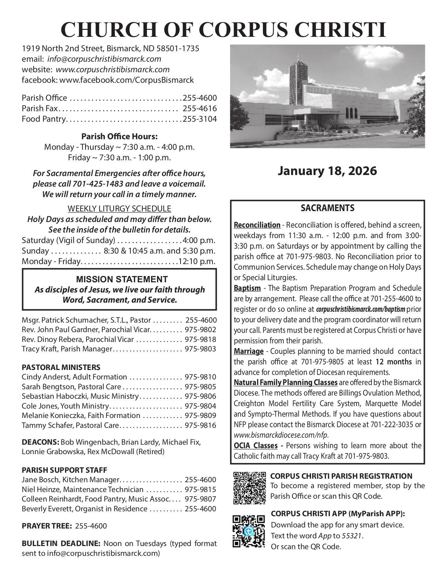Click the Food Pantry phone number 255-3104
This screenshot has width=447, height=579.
click(x=199, y=119)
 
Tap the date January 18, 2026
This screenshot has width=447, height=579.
click(x=327, y=171)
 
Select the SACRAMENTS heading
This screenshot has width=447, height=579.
click(x=327, y=208)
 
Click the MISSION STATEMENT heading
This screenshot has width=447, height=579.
click(x=122, y=279)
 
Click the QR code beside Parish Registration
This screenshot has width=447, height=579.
click(x=250, y=488)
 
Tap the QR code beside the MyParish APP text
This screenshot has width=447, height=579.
click(x=249, y=531)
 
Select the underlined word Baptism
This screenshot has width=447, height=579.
click(x=247, y=288)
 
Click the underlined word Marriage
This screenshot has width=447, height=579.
click(x=249, y=351)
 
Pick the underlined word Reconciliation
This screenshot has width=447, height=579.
click(x=257, y=225)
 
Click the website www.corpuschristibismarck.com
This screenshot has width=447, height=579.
click(x=113, y=69)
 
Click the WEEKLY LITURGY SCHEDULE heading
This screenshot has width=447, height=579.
click(x=119, y=209)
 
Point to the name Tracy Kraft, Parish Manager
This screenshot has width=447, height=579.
click(x=67, y=349)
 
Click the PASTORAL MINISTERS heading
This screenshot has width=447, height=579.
click(x=61, y=367)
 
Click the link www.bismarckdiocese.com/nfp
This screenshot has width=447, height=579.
click(x=281, y=435)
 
